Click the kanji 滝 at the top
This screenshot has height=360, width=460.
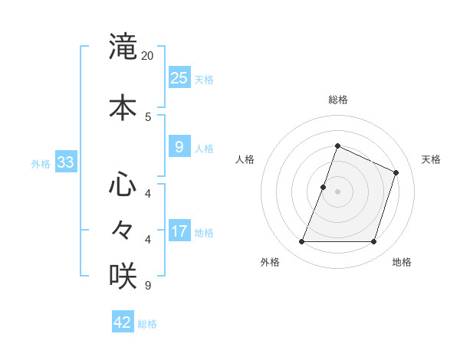tap(123, 47)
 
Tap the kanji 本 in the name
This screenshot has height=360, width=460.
tap(123, 107)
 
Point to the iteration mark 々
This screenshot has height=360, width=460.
tap(123, 229)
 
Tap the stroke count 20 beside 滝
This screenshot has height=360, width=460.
tap(148, 56)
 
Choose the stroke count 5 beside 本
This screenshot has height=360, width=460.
tap(148, 116)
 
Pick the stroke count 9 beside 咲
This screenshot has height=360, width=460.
tap(148, 286)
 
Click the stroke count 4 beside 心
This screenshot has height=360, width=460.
tap(148, 193)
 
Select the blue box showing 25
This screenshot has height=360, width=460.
tap(179, 78)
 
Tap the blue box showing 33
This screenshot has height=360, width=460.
tap(65, 162)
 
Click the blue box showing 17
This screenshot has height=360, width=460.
tap(179, 232)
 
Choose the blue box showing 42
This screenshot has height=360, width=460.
tap(123, 322)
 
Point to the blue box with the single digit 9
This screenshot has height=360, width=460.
tap(179, 147)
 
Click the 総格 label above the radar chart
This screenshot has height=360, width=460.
tap(337, 100)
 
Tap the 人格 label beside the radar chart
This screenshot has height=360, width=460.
tap(245, 159)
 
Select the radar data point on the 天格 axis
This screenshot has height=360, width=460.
tap(396, 172)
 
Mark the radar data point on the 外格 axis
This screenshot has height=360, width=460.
tap(301, 242)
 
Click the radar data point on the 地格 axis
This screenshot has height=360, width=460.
tap(373, 242)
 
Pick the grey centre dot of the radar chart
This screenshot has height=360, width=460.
tap(337, 191)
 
